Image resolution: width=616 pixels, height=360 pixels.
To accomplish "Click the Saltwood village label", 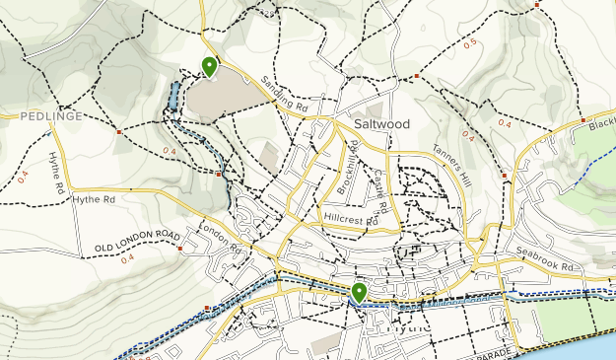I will point(384,125).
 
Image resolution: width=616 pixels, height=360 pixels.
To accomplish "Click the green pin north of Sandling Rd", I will point(210,66).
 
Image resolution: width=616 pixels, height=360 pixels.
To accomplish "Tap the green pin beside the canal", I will point(359,292).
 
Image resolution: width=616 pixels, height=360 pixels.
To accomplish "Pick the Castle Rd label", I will point(381,193).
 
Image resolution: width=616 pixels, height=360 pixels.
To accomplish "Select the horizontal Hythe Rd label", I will point(94,199).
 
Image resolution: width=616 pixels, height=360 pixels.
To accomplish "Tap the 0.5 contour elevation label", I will point(470,43).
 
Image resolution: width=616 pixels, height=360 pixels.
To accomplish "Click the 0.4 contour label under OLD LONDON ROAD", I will point(127,258).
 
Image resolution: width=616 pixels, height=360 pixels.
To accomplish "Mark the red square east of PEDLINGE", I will point(118,130).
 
